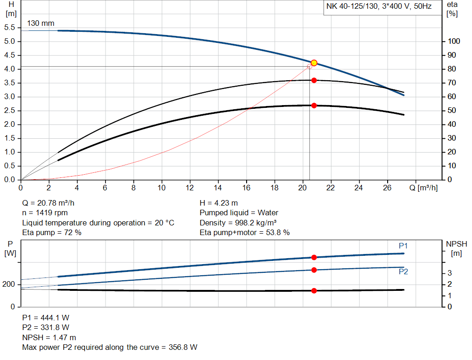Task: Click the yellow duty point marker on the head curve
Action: (x=314, y=63)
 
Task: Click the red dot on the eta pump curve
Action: (x=314, y=80)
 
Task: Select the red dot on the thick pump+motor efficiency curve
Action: (x=314, y=106)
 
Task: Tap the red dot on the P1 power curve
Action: (x=314, y=257)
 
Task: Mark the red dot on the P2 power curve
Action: (x=314, y=270)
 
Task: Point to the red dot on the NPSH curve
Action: (x=314, y=290)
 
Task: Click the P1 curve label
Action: (x=403, y=246)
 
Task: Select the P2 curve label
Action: (x=403, y=271)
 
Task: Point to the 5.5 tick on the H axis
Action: (x=10, y=28)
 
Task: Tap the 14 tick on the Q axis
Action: (x=218, y=188)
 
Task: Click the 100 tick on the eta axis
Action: (x=454, y=41)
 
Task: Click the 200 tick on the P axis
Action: (x=9, y=284)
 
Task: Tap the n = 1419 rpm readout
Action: (x=45, y=213)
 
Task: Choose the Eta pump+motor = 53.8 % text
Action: (x=244, y=233)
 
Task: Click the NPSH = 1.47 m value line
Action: (x=49, y=337)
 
